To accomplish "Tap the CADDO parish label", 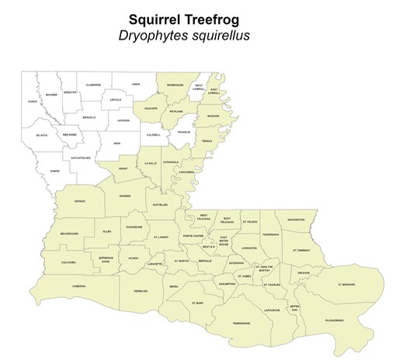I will coord(33,102).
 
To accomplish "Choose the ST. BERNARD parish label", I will coord(346,285).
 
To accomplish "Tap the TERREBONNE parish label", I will coord(242,323).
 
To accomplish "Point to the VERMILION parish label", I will coord(141,291).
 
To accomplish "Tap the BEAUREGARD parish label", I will coord(69,233).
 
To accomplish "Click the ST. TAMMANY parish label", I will coord(301,250).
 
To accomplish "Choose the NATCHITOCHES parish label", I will coord(80,158).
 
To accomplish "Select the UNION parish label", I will coord(136,84).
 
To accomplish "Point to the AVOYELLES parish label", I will coord(160,205).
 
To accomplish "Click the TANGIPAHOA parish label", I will coord(270,234).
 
